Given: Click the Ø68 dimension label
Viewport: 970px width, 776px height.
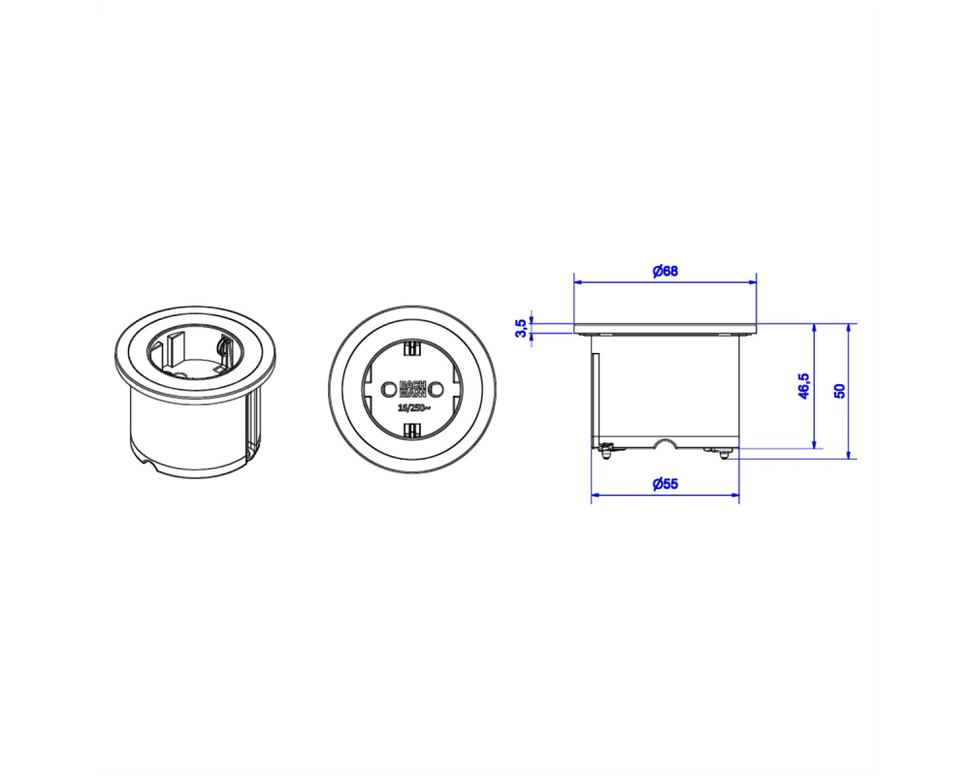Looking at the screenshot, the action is tap(665, 271).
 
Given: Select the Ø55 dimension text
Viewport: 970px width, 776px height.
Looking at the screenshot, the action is tap(665, 484).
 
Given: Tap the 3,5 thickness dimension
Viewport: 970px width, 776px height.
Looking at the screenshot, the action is tap(521, 329).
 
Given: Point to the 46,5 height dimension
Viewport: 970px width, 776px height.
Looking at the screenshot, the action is tap(803, 386).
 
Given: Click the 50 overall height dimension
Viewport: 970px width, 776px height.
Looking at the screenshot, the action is tap(839, 391).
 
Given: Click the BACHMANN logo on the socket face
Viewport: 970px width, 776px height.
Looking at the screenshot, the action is tap(412, 388).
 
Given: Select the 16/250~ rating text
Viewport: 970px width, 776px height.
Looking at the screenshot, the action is tap(413, 407).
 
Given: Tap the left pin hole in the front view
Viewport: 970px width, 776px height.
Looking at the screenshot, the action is tap(389, 389).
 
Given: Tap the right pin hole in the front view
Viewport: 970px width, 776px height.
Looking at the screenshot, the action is tap(436, 389).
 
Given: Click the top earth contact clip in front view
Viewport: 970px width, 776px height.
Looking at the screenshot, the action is tap(412, 348).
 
